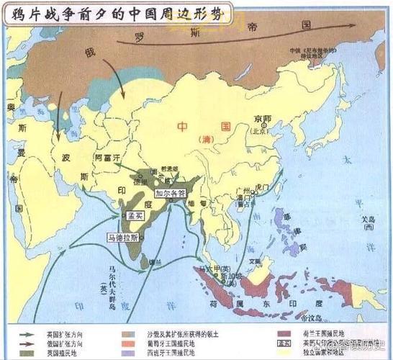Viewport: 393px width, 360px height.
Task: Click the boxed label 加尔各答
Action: (172, 193)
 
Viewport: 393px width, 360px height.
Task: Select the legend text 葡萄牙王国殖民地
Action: (168, 343)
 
